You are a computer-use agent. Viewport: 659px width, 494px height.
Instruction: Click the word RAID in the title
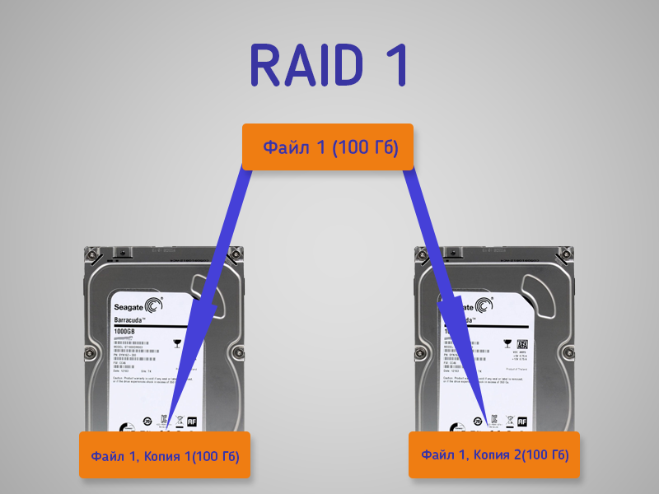point(304,65)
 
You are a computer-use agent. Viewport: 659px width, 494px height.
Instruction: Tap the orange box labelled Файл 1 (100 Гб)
point(327,148)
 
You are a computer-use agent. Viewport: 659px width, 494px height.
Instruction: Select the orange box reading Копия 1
point(164,454)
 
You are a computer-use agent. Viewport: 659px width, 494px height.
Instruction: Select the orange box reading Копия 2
point(494,454)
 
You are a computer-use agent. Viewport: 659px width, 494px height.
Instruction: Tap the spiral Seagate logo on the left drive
point(155,302)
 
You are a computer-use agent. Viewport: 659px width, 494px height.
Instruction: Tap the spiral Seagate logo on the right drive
point(485,303)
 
